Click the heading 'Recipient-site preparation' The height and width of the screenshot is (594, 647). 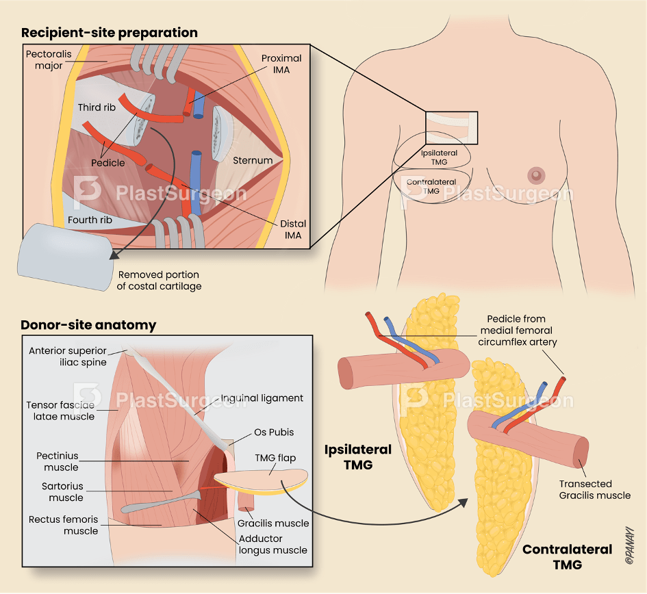coord(110,33)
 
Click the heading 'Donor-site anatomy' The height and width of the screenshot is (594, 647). coord(88,325)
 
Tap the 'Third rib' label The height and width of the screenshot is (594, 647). coord(97,107)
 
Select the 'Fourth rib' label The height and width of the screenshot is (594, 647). coord(90,220)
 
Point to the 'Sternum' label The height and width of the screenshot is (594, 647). coord(253,160)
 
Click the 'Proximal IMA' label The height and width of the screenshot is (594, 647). coord(281,64)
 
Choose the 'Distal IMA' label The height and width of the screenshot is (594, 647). coord(293,229)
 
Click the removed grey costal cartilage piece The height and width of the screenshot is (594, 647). coord(65,257)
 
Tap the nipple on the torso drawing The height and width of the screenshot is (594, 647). coord(536,176)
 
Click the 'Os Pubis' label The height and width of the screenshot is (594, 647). coord(274,432)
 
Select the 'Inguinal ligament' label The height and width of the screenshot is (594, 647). coord(262,398)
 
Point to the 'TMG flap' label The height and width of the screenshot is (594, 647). coord(275,458)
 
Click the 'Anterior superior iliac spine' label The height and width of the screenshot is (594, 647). coord(68,357)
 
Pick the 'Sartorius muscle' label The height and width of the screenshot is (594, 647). coord(62,492)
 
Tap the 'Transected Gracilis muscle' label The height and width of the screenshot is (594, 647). coord(594,489)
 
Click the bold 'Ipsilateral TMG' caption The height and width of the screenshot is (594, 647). coord(358,457)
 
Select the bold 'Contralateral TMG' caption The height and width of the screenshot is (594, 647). coord(568,557)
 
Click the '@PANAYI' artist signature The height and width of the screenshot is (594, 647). coord(629,545)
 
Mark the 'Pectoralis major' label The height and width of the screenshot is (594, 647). coord(49,60)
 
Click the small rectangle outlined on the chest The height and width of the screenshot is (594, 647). coord(451,128)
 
